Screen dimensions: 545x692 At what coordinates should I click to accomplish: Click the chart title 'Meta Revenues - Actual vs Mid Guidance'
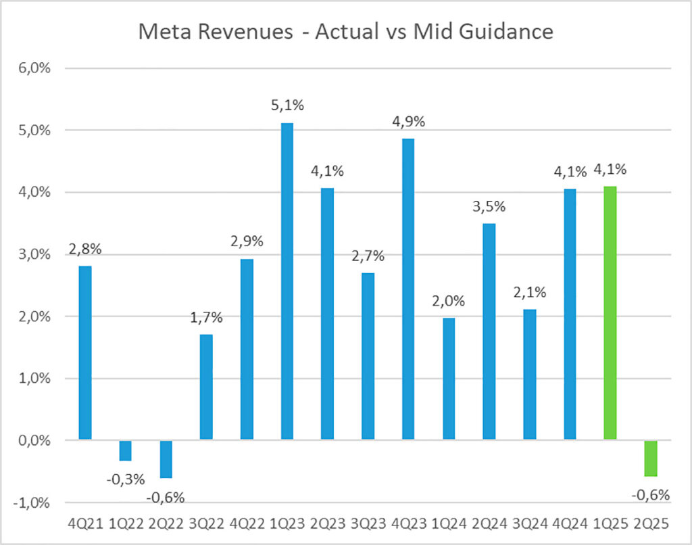pyautogui.click(x=346, y=32)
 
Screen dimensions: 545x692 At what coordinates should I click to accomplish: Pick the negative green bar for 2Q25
pyautogui.click(x=650, y=458)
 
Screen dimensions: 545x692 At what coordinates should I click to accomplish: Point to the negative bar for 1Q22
pyautogui.click(x=126, y=450)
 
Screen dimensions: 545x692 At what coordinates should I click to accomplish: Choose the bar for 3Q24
pyautogui.click(x=529, y=375)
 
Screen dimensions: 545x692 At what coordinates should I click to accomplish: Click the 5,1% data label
pyautogui.click(x=287, y=108)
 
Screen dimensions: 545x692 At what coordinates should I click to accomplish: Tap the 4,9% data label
pyautogui.click(x=408, y=122)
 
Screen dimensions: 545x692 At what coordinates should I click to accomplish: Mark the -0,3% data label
pyautogui.click(x=126, y=479)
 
